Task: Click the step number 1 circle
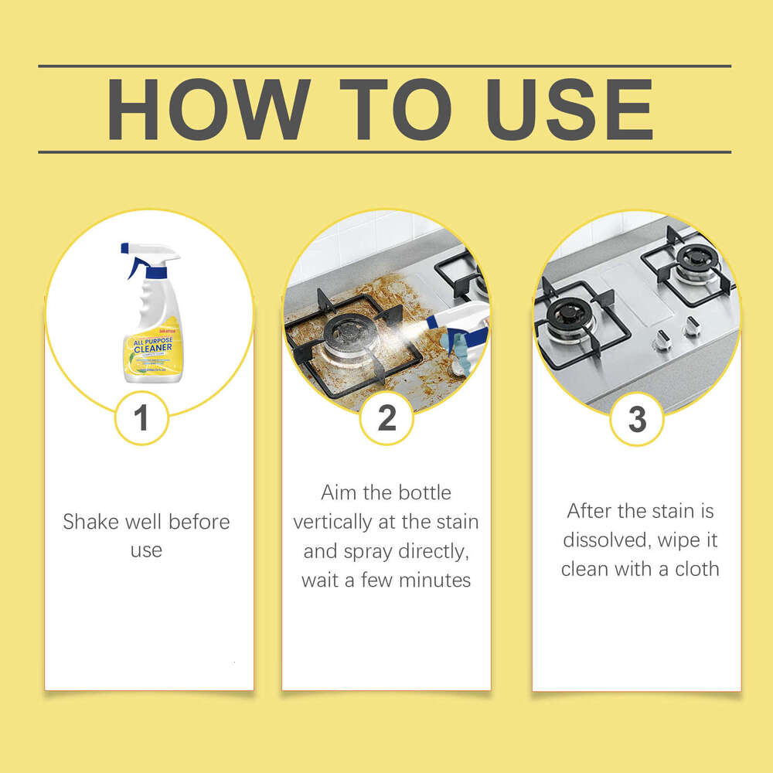(141, 419)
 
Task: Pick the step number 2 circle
(386, 419)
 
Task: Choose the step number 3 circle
(636, 419)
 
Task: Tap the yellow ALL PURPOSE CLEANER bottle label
(148, 352)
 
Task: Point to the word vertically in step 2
(332, 522)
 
